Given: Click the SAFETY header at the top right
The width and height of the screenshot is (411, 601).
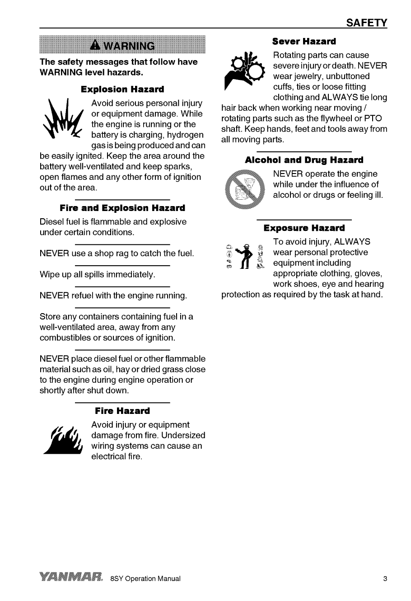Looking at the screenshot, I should click(367, 23).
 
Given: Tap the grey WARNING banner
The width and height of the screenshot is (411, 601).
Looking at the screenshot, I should click(122, 46).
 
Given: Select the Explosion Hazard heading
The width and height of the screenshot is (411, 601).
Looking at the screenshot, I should click(122, 89).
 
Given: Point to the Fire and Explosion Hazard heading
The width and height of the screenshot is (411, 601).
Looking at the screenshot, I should click(122, 208).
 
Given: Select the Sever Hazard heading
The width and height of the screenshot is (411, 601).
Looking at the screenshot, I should click(304, 42).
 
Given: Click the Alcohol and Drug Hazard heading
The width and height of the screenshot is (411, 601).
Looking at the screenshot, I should click(304, 160).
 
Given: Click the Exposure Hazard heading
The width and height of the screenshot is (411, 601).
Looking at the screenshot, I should click(304, 228).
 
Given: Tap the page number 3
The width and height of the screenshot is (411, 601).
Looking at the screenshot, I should click(385, 578).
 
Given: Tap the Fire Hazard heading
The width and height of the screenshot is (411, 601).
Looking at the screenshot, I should click(122, 411).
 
